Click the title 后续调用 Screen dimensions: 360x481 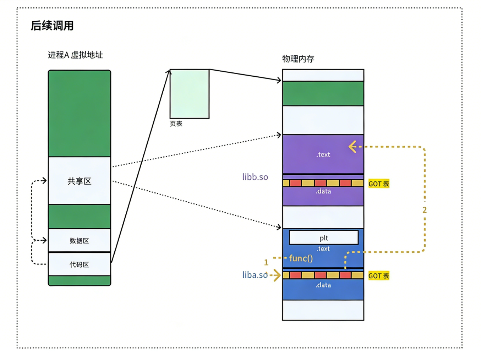(52, 26)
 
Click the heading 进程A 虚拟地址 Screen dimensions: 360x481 (75, 55)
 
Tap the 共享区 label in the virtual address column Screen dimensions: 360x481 (80, 181)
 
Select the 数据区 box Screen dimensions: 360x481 (80, 240)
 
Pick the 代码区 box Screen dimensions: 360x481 (80, 264)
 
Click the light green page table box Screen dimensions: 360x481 (190, 94)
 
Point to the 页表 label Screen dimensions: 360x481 (176, 124)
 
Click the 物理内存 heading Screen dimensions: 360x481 (298, 59)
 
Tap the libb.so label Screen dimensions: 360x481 (255, 177)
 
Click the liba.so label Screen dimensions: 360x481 (255, 275)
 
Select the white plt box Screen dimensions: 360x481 (323, 238)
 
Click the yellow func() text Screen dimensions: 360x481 (301, 258)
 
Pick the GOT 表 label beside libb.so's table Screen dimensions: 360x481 (379, 184)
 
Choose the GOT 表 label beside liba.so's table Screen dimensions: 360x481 (379, 276)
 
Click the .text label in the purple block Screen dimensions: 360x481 (323, 154)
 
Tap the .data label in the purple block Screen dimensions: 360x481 (323, 191)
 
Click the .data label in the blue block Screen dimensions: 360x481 (323, 285)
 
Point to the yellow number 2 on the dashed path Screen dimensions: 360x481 (424, 210)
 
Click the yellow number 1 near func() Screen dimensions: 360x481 (266, 262)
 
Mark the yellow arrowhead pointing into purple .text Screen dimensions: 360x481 (352, 147)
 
